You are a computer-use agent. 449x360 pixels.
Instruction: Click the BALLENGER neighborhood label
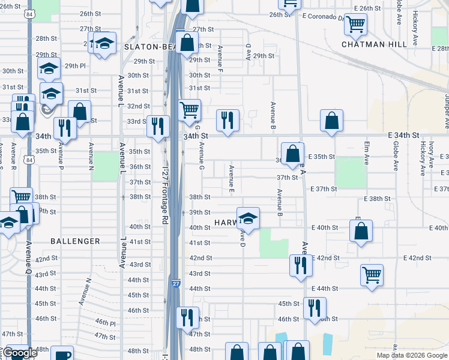pyautogui.click(x=75, y=241)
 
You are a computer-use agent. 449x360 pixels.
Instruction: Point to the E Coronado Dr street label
pyautogui.click(x=324, y=16)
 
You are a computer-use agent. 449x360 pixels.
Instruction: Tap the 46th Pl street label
pyautogui.click(x=105, y=323)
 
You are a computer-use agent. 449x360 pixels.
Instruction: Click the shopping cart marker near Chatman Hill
pyautogui.click(x=355, y=25)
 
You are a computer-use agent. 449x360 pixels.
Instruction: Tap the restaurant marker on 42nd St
pyautogui.click(x=300, y=265)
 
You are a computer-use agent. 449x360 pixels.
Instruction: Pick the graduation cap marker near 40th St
pyautogui.click(x=247, y=218)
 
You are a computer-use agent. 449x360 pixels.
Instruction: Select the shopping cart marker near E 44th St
pyautogui.click(x=372, y=275)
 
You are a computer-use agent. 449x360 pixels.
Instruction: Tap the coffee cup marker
pyautogui.click(x=62, y=355)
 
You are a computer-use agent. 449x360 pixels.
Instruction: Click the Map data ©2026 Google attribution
pyautogui.click(x=411, y=355)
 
